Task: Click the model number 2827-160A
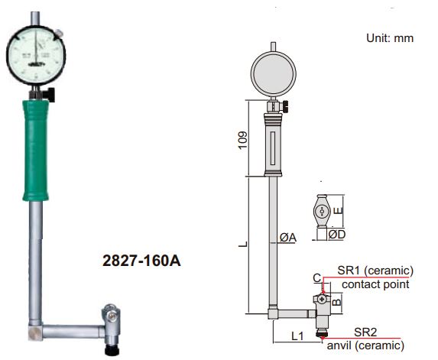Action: point(141,261)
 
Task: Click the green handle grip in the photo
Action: point(38,145)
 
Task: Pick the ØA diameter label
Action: point(288,238)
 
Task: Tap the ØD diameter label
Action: point(336,234)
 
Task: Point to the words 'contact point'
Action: point(375,284)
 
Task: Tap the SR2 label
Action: point(365,330)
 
